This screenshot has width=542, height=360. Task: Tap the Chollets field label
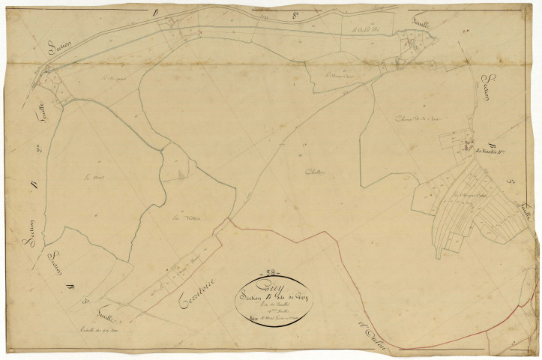pyautogui.click(x=316, y=172)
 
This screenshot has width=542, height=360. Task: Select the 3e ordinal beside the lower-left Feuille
pyautogui.click(x=84, y=302)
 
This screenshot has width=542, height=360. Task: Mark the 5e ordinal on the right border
pyautogui.click(x=509, y=183)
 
